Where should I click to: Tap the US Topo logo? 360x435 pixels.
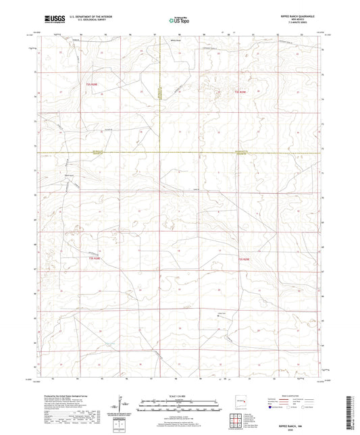click(178, 20)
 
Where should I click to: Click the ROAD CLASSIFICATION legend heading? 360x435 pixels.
click(297, 395)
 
